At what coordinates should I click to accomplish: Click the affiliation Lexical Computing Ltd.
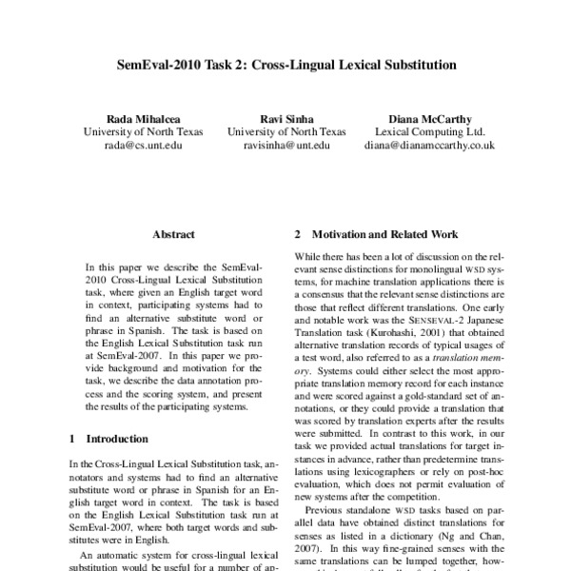click(x=429, y=131)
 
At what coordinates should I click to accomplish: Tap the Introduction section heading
click(x=117, y=440)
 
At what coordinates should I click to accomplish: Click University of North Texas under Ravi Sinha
click(x=285, y=131)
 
